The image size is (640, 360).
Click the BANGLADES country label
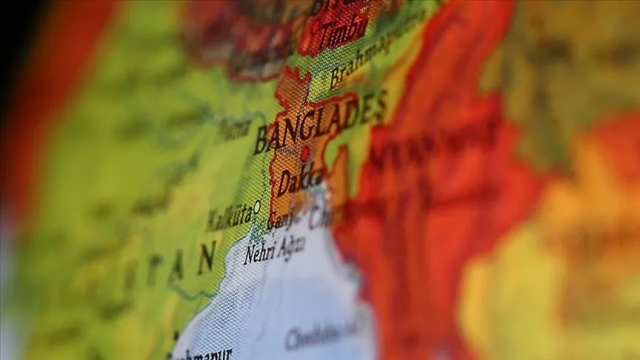[x=320, y=122]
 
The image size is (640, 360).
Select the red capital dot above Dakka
[x=304, y=153]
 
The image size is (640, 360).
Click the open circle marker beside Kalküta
[x=257, y=205]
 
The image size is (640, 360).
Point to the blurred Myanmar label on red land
[x=430, y=145]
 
